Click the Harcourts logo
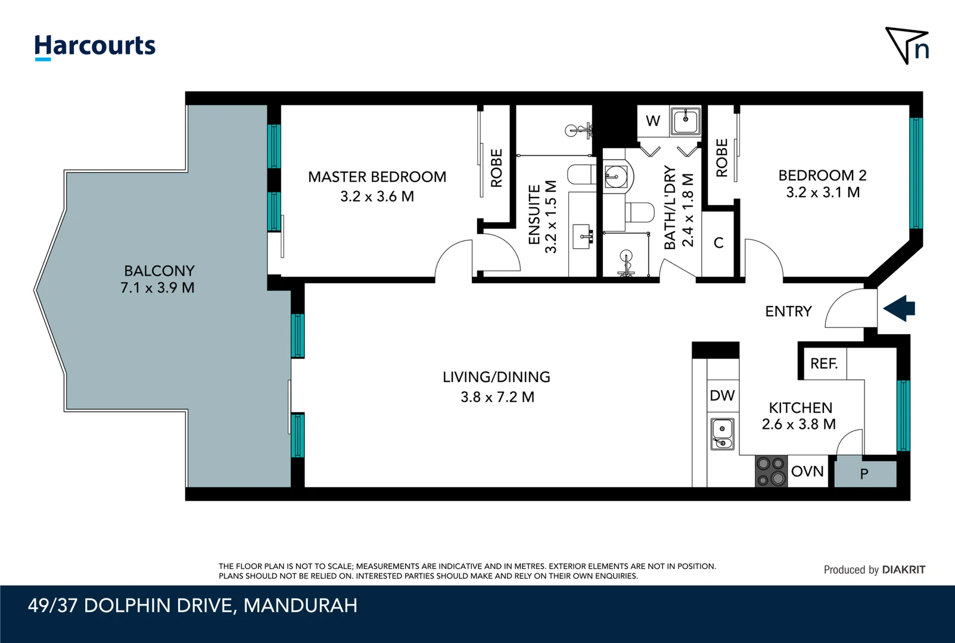95,47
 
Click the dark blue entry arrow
899,308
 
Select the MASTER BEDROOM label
377,176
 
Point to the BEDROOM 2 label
822,175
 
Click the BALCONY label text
159,270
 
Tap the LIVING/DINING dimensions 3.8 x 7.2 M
497,397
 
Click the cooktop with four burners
772,472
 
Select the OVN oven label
807,472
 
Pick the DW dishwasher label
722,395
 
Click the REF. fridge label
824,363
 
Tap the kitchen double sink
722,434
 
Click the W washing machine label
653,121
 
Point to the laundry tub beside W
685,121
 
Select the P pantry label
864,474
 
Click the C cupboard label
718,243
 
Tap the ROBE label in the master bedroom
497,168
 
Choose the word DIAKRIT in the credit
903,570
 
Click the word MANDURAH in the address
300,605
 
